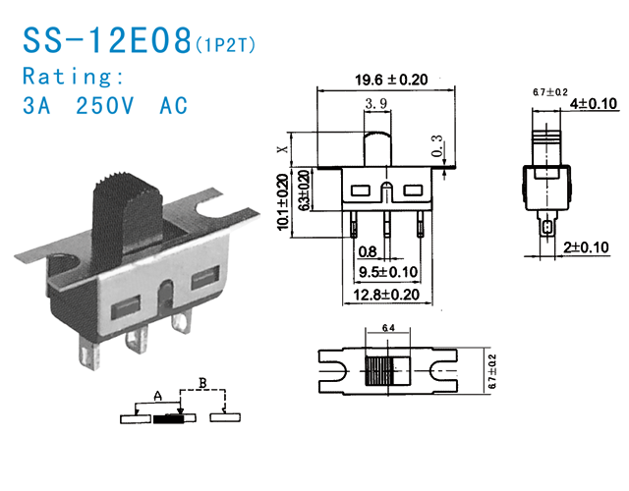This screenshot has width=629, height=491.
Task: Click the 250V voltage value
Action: point(107,106)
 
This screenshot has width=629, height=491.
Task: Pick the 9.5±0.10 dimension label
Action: point(388,271)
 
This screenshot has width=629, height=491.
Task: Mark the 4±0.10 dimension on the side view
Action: point(593,103)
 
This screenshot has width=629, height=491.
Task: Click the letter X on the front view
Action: point(284,149)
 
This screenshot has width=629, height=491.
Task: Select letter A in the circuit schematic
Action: point(157,397)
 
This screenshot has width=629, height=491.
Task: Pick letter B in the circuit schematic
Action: point(202,381)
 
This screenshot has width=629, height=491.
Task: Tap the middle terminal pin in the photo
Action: point(137,338)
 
